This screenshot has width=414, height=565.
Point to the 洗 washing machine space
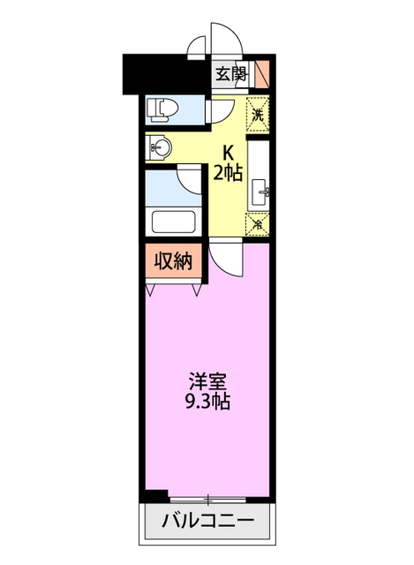(258, 114)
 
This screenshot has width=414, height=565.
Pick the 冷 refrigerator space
(258, 223)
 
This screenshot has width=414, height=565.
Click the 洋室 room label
(208, 382)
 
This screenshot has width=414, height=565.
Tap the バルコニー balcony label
(208, 521)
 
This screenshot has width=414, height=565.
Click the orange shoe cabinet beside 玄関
(261, 74)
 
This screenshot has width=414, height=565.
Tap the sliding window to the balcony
(208, 499)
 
